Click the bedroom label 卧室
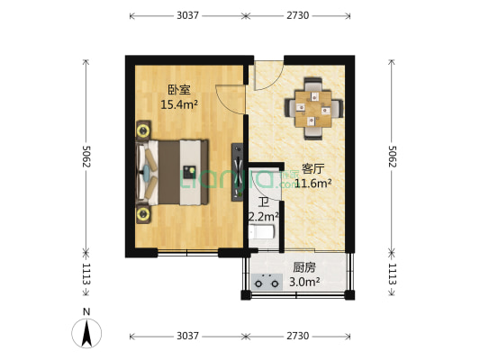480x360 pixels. tap(178, 90)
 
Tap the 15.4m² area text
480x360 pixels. tap(178, 104)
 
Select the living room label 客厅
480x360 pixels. tap(312, 168)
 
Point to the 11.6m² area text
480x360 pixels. tap(315, 183)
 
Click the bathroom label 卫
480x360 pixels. tap(262, 202)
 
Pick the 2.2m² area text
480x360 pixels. tap(263, 217)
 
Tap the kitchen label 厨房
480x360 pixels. tap(303, 267)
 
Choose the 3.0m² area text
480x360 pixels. tap(304, 282)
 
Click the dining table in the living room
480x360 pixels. tap(315, 110)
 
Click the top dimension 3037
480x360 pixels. tap(187, 16)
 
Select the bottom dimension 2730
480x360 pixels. tap(297, 336)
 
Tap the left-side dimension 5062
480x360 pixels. tap(86, 157)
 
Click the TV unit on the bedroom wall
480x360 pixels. tap(236, 171)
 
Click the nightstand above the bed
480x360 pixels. tap(144, 130)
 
